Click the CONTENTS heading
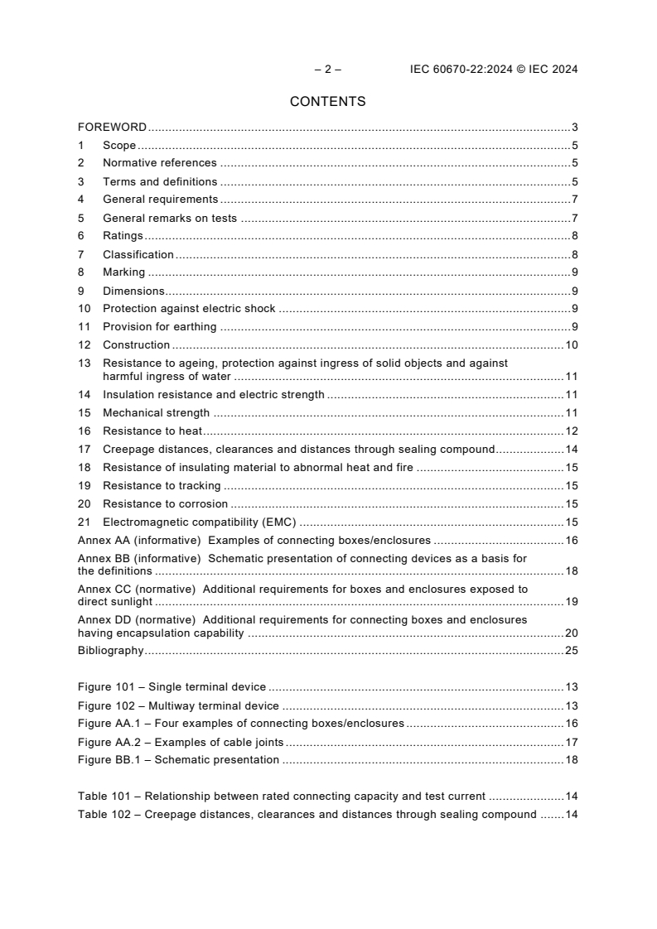[x=327, y=102]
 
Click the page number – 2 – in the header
[x=327, y=70]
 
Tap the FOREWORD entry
[x=112, y=128]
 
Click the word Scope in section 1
[x=119, y=146]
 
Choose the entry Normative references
[x=159, y=163]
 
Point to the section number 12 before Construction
[x=84, y=344]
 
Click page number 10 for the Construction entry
[x=571, y=344]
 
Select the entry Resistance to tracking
[x=162, y=486]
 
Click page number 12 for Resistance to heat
[x=571, y=431]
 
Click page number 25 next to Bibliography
[x=571, y=651]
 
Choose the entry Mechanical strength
[x=156, y=413]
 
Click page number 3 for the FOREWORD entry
[x=574, y=128]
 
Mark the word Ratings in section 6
[x=123, y=236]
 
